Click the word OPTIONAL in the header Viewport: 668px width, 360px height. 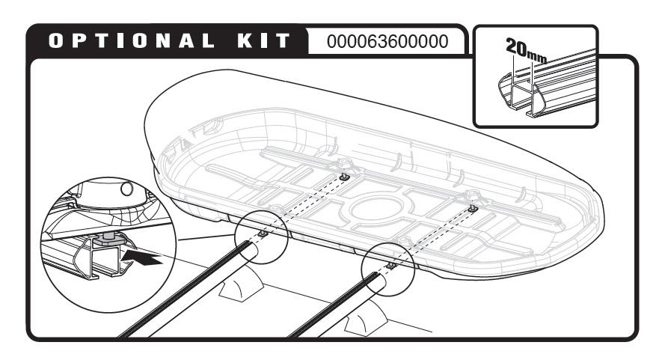pyautogui.click(x=131, y=41)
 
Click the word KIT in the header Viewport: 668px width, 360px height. pyautogui.click(x=264, y=41)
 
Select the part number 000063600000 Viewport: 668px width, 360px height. pyautogui.click(x=387, y=41)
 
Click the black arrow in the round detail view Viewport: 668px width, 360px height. pyautogui.click(x=142, y=257)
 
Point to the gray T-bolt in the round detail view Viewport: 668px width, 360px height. pyautogui.click(x=108, y=239)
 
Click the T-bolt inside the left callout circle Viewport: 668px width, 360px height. pyautogui.click(x=263, y=234)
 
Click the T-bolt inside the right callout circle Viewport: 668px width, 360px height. pyautogui.click(x=391, y=266)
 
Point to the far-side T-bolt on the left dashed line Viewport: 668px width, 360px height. pyautogui.click(x=345, y=176)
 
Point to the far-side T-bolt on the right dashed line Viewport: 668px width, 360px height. pyautogui.click(x=472, y=208)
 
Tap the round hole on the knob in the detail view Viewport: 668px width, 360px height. pyautogui.click(x=127, y=189)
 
